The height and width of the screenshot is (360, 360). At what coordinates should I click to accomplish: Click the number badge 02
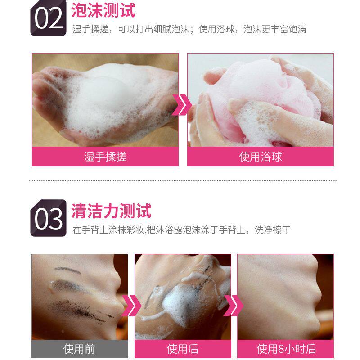pyautogui.click(x=48, y=18)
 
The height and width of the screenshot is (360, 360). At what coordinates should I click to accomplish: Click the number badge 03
pyautogui.click(x=48, y=218)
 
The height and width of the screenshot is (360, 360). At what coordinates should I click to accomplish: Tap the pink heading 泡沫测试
pyautogui.click(x=103, y=10)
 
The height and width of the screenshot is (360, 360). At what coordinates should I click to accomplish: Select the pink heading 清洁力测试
pyautogui.click(x=111, y=211)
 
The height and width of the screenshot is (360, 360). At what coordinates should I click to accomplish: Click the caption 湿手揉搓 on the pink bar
pyautogui.click(x=105, y=157)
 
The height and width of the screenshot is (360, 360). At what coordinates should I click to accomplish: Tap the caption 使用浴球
pyautogui.click(x=261, y=157)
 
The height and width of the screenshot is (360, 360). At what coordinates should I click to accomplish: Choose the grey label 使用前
pyautogui.click(x=79, y=349)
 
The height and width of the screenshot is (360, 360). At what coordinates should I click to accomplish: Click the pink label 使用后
pyautogui.click(x=183, y=349)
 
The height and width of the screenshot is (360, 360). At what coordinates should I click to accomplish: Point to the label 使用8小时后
pyautogui.click(x=286, y=349)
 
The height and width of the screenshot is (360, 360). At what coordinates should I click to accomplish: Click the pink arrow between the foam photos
pyautogui.click(x=182, y=105)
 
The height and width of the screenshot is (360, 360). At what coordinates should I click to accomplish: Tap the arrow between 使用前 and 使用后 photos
pyautogui.click(x=131, y=306)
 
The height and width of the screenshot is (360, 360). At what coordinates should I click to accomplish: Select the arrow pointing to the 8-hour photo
pyautogui.click(x=234, y=306)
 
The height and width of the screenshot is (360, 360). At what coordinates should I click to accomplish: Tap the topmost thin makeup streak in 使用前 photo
pyautogui.click(x=67, y=270)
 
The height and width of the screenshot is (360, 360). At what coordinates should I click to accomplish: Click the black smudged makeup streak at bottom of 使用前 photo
pyautogui.click(x=81, y=310)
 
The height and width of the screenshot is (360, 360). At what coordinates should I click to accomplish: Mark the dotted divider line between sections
pyautogui.click(x=183, y=181)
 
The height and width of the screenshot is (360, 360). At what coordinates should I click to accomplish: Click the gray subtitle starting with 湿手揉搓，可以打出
pyautogui.click(x=189, y=29)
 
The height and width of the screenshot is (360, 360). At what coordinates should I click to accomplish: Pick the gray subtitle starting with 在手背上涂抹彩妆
pyautogui.click(x=181, y=229)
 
